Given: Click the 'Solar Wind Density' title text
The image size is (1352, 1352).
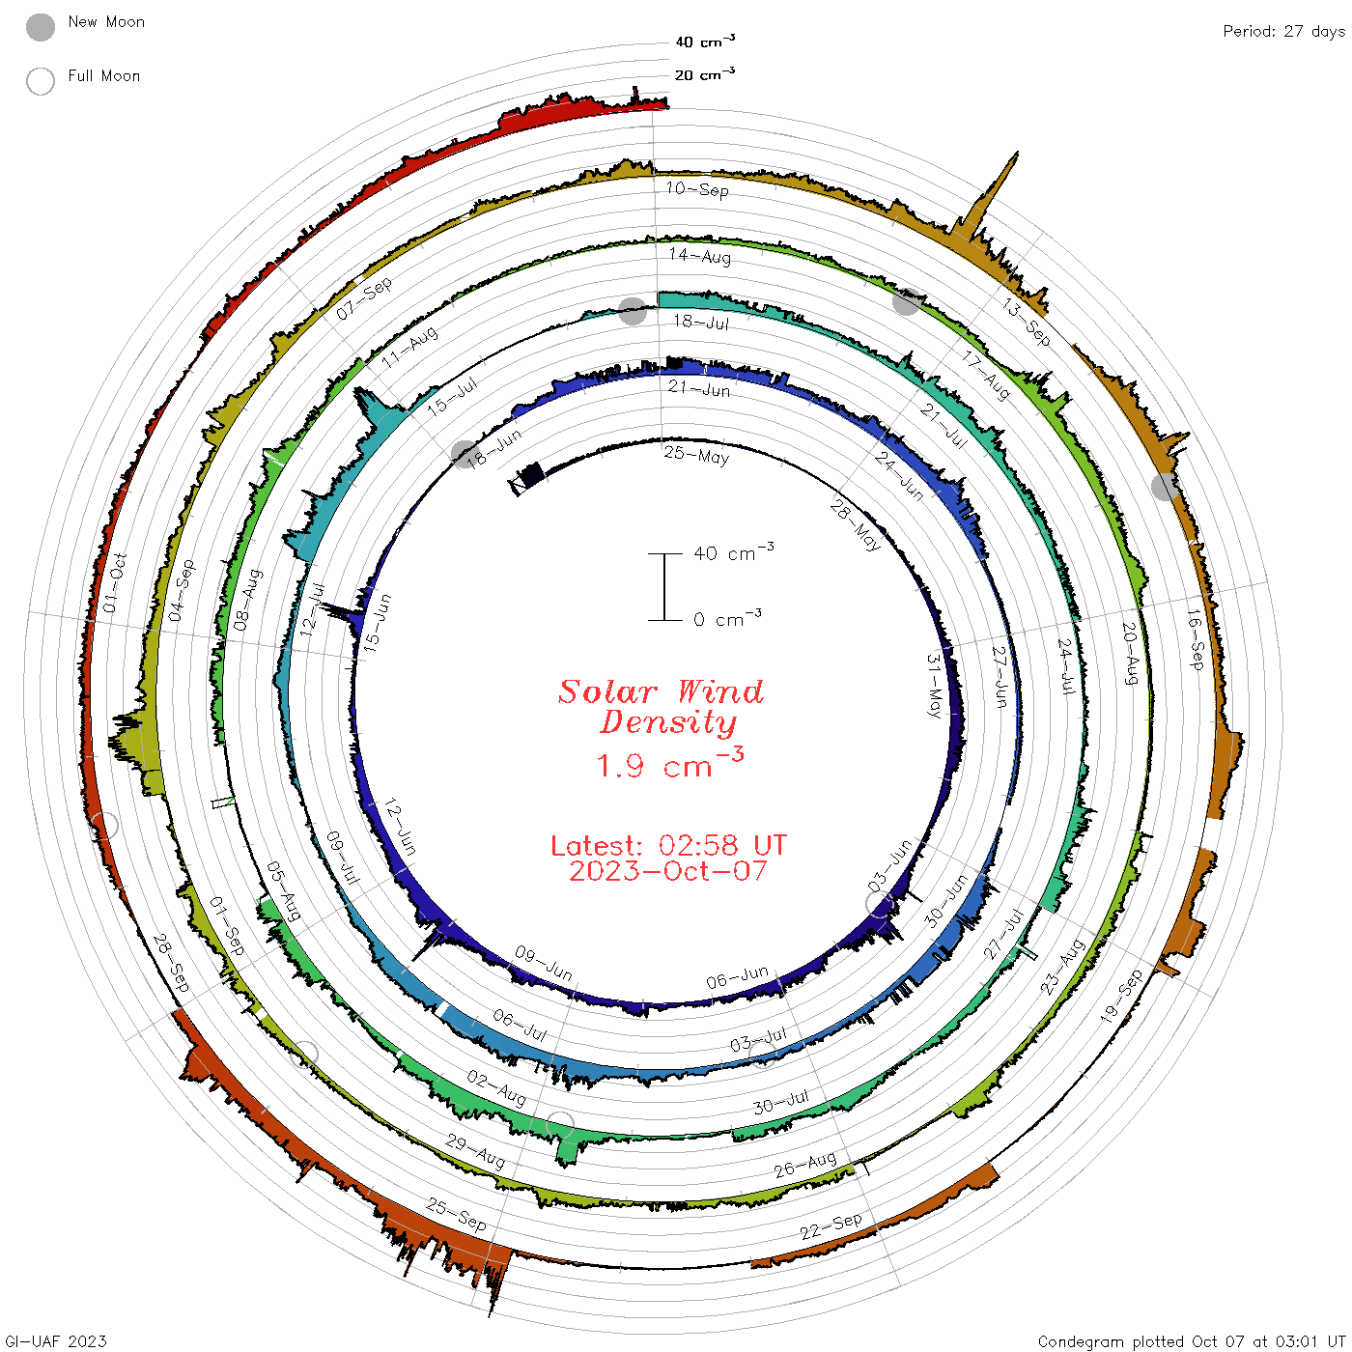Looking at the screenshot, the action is click(x=661, y=707).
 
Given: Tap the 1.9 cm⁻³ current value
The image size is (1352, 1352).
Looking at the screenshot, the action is click(x=670, y=763).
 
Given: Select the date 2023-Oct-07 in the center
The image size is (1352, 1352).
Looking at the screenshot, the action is click(x=668, y=871).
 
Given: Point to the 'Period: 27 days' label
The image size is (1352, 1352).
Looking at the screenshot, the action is click(x=1284, y=32).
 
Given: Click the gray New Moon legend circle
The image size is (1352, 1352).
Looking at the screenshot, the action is click(x=41, y=27).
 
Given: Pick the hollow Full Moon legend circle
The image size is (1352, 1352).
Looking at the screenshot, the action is click(x=41, y=81).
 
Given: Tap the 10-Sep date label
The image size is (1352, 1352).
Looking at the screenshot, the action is click(x=697, y=189).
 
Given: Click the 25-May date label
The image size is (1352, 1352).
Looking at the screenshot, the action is click(x=696, y=455).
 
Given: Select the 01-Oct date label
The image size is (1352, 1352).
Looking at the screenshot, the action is click(x=115, y=582).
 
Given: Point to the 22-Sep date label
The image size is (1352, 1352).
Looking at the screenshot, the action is click(x=831, y=1225).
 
